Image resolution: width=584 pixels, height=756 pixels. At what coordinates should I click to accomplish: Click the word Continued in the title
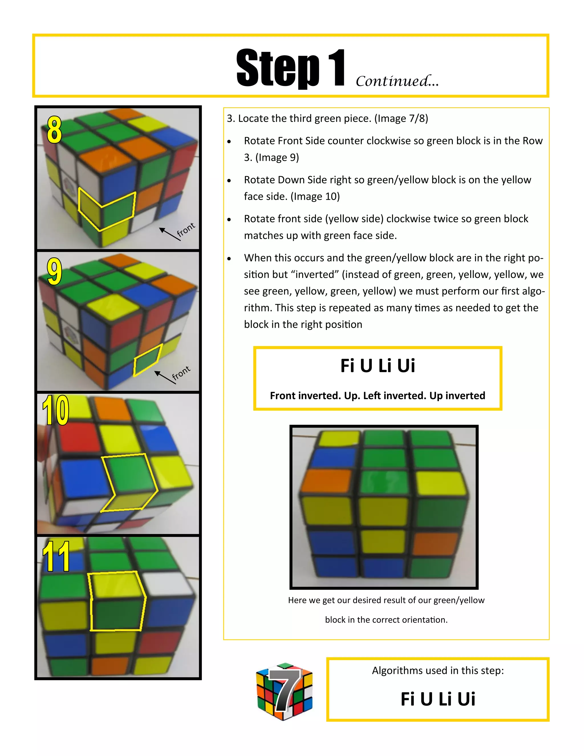pos(397,81)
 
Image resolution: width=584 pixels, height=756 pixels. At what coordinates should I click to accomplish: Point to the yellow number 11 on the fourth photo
pos(56,556)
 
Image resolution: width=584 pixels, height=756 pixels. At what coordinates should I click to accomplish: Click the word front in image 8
pos(186,229)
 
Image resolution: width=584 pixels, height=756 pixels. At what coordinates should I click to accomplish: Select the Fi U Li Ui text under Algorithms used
pos(438,699)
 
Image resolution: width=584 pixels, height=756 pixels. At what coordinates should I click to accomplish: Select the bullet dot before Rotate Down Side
pos(229,181)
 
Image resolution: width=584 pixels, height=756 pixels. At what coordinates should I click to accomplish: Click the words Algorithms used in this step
pos(438,670)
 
